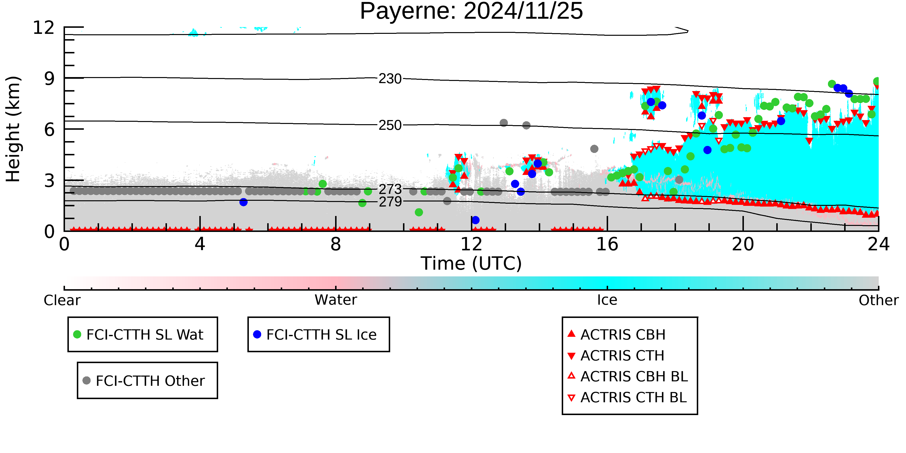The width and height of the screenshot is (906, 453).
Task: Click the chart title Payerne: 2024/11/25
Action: coord(471,11)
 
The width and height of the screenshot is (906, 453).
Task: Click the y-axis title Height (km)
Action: coord(13,129)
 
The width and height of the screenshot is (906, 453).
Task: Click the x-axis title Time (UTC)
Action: coord(471,263)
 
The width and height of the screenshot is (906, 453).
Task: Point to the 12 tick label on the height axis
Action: coord(44,28)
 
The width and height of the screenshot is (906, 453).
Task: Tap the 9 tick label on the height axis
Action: coord(50,79)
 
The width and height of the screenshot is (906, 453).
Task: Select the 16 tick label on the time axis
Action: coord(607,244)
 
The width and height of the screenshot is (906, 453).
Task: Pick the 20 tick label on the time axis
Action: coord(743,244)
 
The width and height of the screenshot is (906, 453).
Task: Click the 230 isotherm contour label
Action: coord(390,79)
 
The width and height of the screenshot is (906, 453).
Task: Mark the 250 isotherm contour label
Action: coord(390,125)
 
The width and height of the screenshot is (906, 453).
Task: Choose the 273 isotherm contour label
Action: coord(390,189)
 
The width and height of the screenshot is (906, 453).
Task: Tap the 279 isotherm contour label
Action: coord(390,201)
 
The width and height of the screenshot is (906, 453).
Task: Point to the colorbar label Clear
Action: coord(62,300)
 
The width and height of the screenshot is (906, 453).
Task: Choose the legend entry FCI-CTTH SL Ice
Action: coord(315,334)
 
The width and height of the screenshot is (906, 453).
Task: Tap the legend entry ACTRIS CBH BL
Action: coord(628,376)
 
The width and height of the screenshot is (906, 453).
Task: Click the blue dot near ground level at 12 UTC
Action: coord(475,220)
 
